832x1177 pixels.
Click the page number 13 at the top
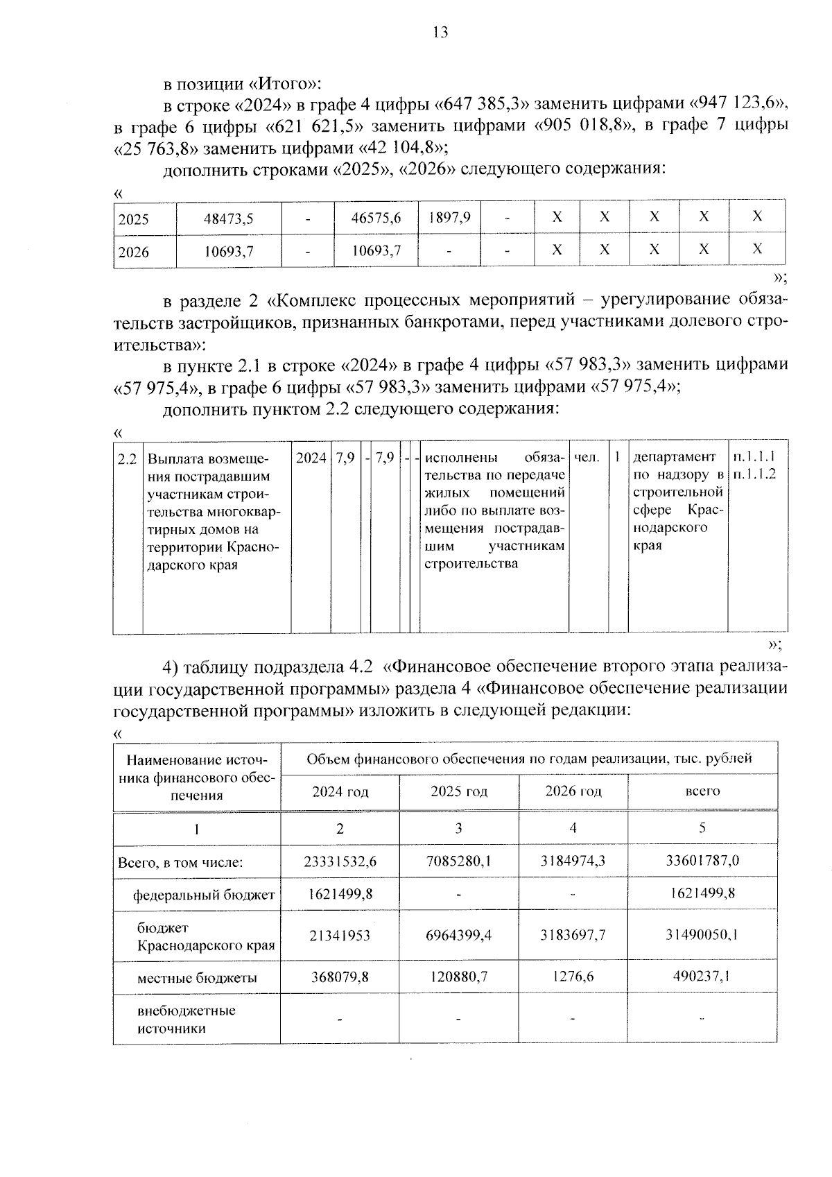(x=440, y=32)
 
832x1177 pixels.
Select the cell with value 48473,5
(x=228, y=218)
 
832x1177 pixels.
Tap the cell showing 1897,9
(x=449, y=217)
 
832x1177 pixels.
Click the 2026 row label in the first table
(x=134, y=252)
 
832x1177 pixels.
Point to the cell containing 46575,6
(x=376, y=218)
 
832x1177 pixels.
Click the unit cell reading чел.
(x=587, y=457)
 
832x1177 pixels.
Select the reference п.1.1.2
(x=758, y=474)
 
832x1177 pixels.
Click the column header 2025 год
(x=458, y=791)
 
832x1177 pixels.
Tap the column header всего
(x=702, y=791)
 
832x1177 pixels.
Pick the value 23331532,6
(x=340, y=861)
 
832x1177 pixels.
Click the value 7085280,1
(x=458, y=861)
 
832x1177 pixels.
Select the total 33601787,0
(x=702, y=861)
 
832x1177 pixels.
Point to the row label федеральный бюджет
(x=204, y=895)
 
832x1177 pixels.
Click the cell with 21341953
(x=340, y=935)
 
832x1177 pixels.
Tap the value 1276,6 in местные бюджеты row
(x=573, y=977)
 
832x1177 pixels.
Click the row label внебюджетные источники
(x=186, y=1020)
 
